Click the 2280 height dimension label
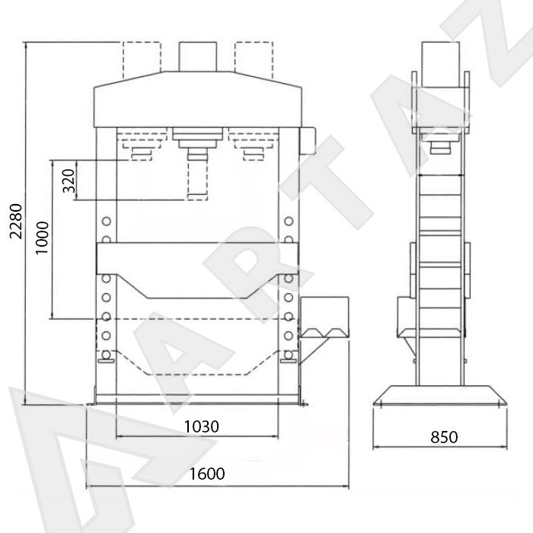pos(16,222)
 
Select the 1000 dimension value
pos(43,238)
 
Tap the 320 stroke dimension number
pos(69,180)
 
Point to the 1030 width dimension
pos(201,426)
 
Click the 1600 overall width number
pos(206,474)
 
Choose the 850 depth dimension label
pos(444,437)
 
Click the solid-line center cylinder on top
pos(198,57)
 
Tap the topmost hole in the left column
pos(107,222)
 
